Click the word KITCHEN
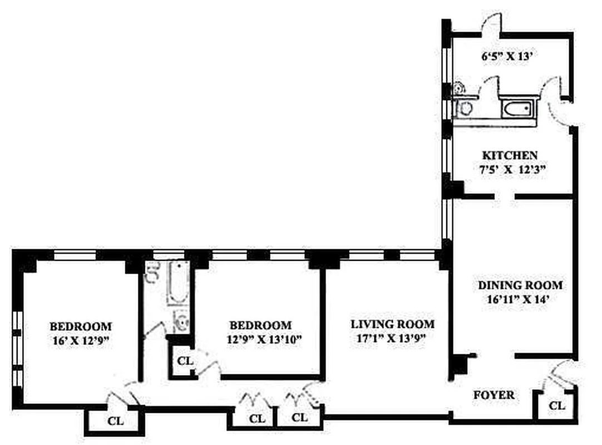510,156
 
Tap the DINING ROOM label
520,285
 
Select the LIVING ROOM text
392,324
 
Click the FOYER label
494,395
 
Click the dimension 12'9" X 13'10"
264,339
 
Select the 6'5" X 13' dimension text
507,56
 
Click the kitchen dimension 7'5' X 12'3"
513,169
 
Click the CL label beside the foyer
557,406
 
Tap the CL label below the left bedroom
115,421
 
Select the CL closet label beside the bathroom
185,361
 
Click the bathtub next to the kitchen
517,109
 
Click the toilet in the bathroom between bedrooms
181,320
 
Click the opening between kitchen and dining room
504,196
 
